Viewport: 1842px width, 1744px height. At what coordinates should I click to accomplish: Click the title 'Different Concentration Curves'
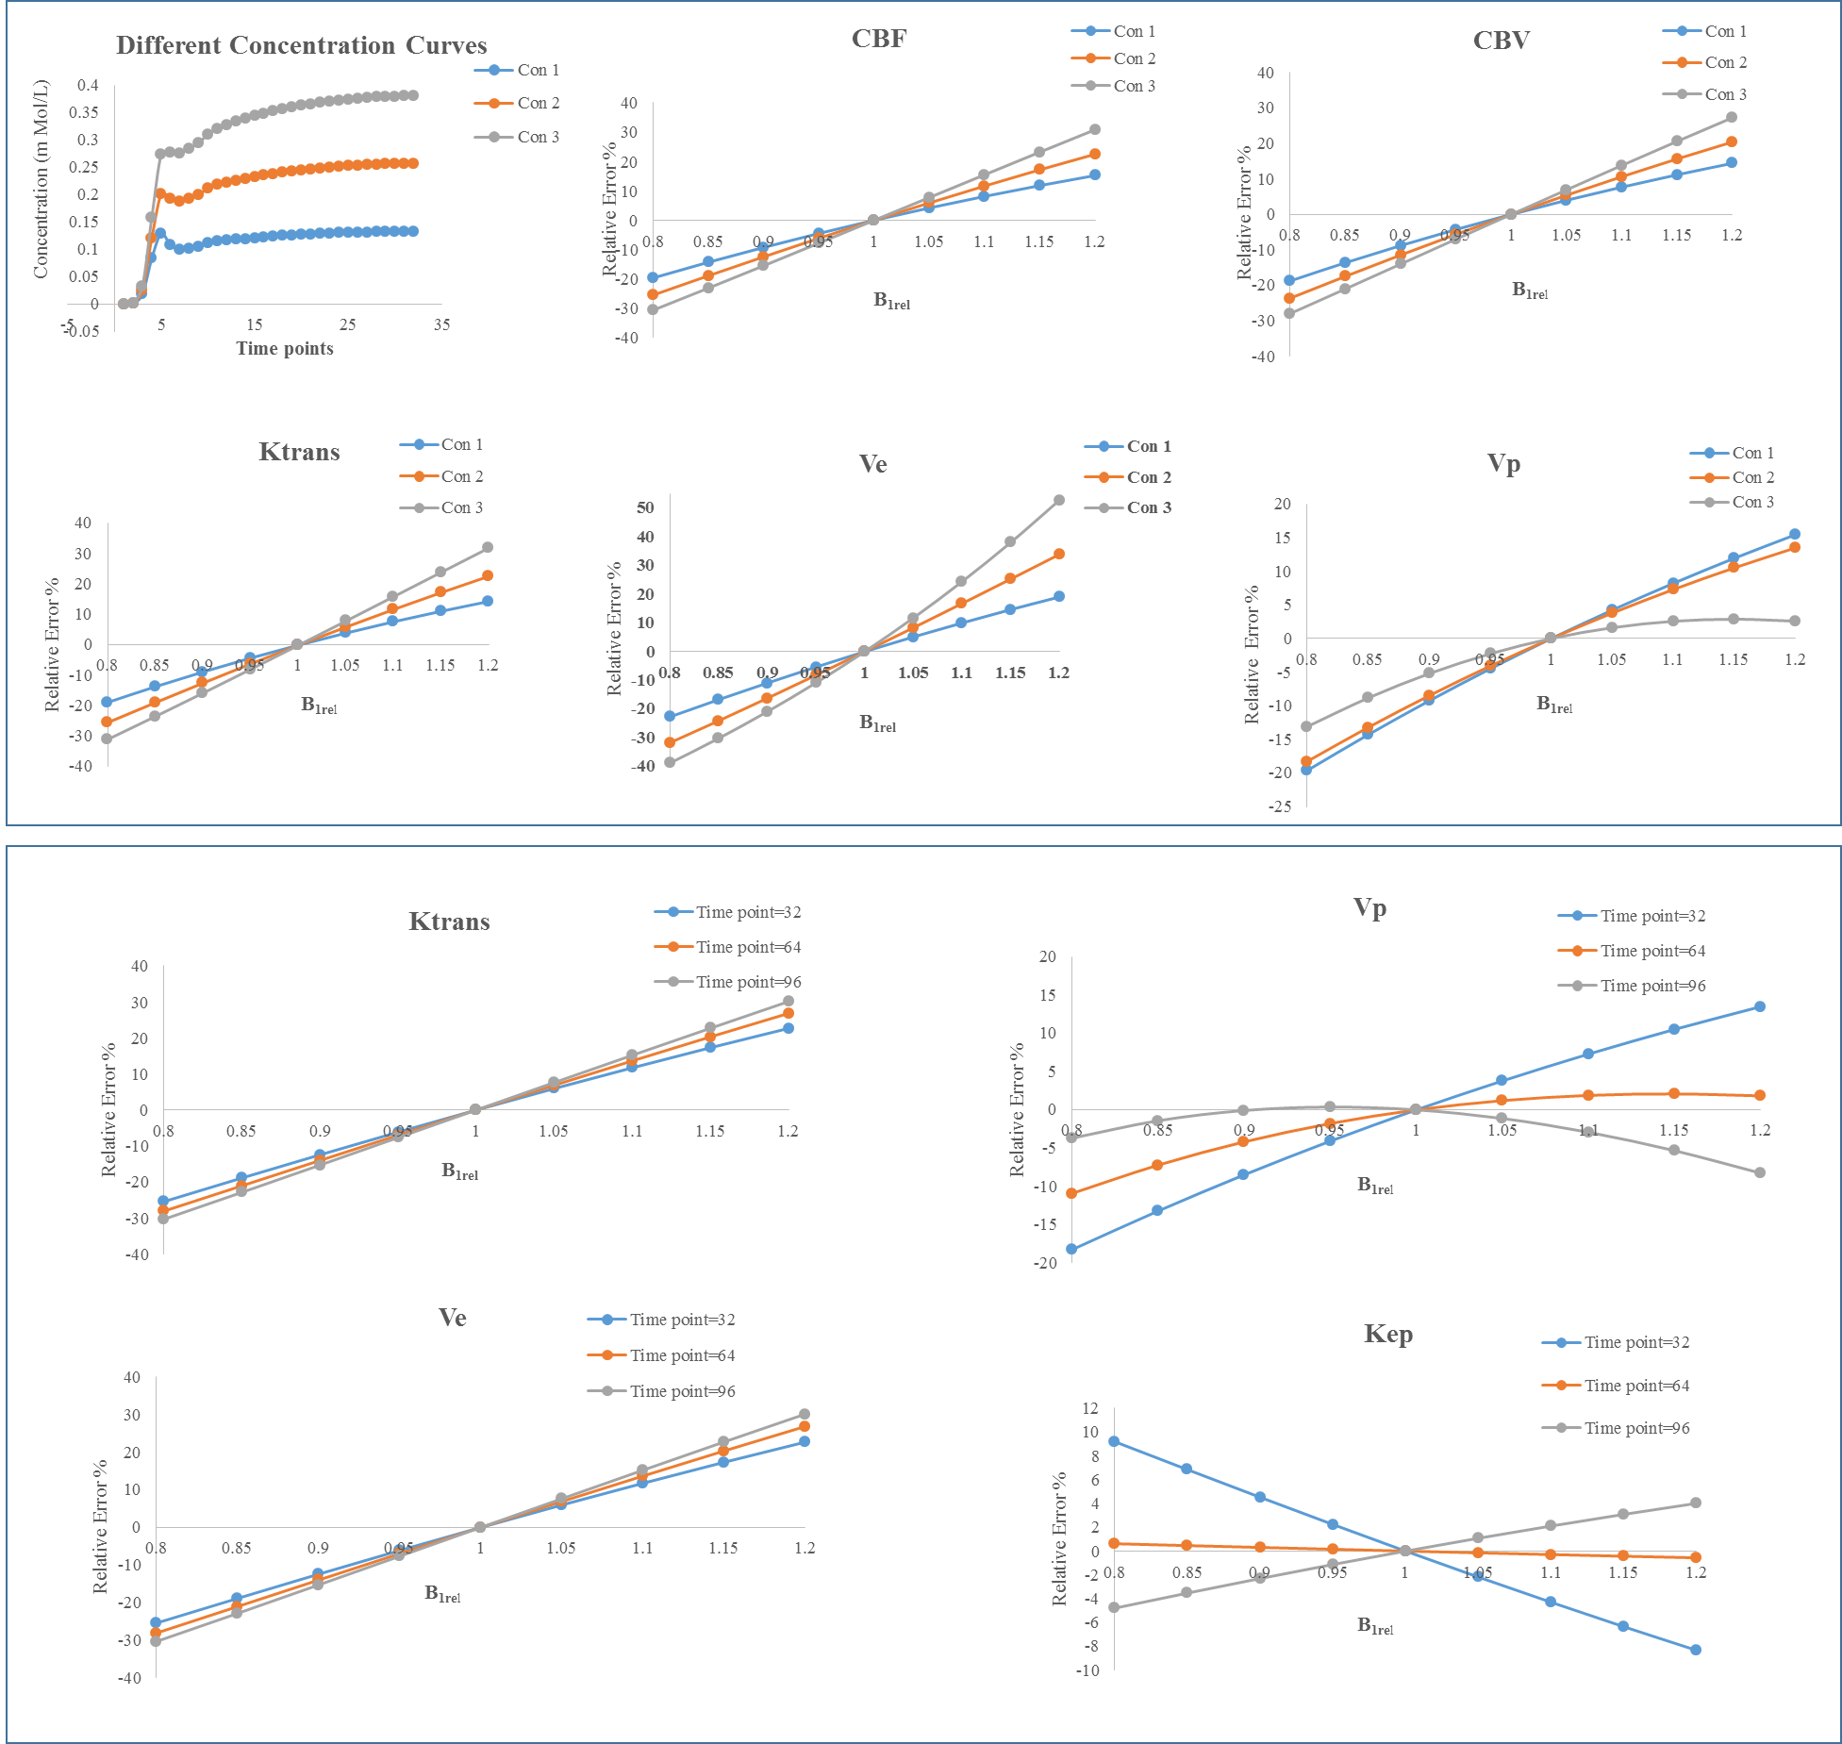301,45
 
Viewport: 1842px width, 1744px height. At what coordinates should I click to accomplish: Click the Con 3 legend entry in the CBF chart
1134,86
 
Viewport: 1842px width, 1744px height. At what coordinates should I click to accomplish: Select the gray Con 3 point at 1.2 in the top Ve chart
1059,500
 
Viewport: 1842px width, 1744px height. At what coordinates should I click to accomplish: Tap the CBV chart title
1501,41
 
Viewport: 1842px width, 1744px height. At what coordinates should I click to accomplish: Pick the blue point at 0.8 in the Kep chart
1114,1441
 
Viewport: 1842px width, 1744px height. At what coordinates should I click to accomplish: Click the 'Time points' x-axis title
284,348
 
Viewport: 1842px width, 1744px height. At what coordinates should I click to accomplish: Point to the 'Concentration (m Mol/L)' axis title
40,179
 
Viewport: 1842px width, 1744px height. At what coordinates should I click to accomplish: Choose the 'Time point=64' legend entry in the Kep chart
1636,1386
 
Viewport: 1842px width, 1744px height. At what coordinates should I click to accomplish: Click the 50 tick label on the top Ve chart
645,507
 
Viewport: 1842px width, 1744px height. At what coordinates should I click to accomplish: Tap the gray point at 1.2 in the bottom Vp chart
1760,1172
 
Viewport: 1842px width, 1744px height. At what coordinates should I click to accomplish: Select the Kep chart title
1387,1334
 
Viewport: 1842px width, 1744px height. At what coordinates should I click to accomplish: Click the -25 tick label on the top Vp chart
1280,806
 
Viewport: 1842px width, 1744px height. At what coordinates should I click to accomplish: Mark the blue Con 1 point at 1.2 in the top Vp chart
1795,534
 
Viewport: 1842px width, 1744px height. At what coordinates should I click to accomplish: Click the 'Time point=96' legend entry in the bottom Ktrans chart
748,982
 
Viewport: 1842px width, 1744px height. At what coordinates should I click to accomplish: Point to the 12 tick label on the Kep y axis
1090,1408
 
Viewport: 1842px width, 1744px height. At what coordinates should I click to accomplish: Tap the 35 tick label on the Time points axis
441,324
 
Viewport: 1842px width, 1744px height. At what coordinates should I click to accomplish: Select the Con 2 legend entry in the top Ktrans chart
461,476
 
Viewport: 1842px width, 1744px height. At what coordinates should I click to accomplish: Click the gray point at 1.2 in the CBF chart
1095,129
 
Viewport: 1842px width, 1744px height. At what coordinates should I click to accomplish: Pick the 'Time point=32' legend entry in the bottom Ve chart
682,1320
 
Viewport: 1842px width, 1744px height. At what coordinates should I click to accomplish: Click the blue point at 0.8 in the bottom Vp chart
1071,1249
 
